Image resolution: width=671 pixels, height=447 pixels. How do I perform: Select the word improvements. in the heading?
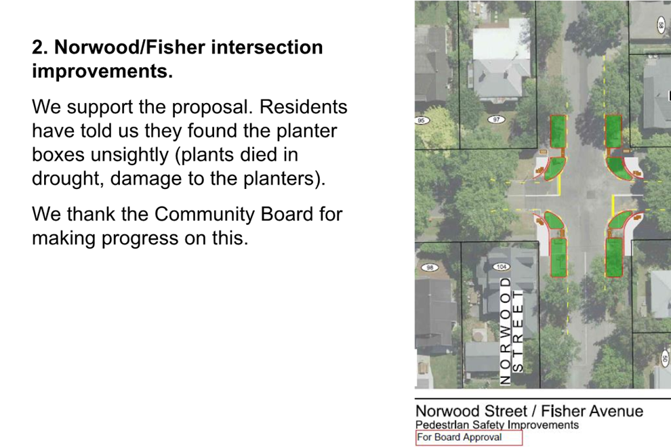tap(102, 71)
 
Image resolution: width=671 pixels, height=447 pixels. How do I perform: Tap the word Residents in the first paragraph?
tap(304, 107)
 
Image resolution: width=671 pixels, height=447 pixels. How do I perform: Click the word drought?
tap(68, 179)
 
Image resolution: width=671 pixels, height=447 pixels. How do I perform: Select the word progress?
tap(140, 238)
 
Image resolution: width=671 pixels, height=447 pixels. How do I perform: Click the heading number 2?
tap(40, 47)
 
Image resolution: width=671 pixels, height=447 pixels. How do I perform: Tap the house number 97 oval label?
tap(496, 120)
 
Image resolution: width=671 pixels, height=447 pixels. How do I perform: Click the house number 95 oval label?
tap(422, 120)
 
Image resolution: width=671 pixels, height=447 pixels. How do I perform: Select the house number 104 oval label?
tap(502, 267)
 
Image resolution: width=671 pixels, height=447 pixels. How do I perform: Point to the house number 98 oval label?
tap(430, 268)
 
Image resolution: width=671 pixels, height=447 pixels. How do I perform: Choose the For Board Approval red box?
tap(468, 438)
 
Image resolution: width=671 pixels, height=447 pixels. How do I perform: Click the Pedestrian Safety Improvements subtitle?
tap(497, 425)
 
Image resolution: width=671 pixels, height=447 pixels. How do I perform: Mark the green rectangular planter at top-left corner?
tap(558, 132)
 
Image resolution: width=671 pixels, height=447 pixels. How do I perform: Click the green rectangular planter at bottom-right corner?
tap(614, 257)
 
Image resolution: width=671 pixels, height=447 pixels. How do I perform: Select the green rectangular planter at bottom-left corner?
tap(558, 257)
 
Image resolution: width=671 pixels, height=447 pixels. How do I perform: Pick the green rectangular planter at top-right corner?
tap(613, 132)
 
